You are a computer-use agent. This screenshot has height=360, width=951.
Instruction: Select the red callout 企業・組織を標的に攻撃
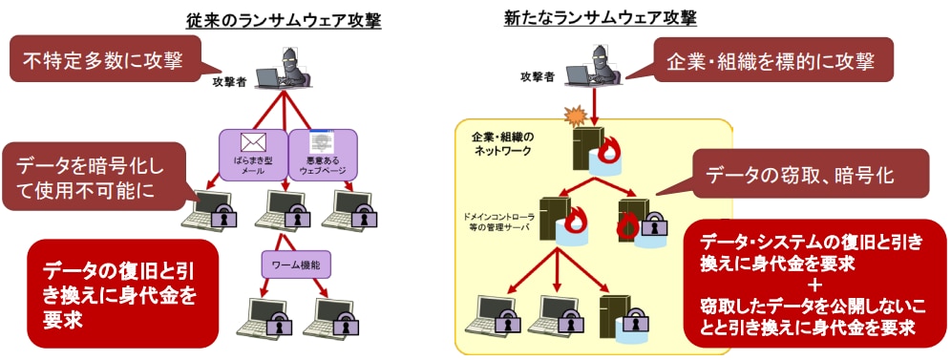(772, 63)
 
